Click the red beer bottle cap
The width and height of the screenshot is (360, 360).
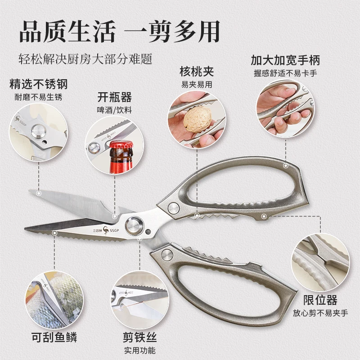[x=121, y=145]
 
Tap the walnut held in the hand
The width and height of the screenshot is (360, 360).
[x=197, y=120]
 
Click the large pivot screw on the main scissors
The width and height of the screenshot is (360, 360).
[x=135, y=225]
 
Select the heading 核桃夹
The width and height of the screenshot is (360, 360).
[x=197, y=72]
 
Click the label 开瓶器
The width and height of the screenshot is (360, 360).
[x=115, y=97]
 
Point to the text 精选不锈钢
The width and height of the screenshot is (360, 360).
[x=39, y=84]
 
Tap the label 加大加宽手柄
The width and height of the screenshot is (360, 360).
[x=285, y=60]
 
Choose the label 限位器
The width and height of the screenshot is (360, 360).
[x=320, y=300]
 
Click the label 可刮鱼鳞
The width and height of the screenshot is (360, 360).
[x=54, y=337]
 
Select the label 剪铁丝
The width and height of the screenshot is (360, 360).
[x=140, y=337]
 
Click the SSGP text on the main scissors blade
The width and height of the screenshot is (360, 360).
[x=114, y=230]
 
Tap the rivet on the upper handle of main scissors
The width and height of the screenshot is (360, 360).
[x=174, y=208]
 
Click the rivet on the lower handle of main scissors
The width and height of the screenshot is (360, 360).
[x=167, y=255]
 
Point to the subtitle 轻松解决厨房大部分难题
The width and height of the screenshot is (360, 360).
[x=85, y=59]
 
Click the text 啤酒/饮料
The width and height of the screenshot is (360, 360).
[x=115, y=110]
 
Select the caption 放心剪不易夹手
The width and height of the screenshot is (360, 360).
[x=320, y=313]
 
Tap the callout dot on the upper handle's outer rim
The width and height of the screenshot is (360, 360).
[x=286, y=165]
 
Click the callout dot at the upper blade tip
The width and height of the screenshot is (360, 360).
[x=39, y=193]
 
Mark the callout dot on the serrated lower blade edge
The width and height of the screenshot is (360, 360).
[x=54, y=233]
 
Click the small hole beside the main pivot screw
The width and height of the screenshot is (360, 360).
[x=148, y=232]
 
